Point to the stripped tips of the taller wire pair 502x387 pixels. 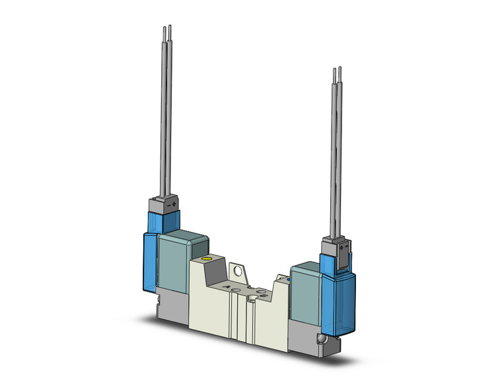[168, 31]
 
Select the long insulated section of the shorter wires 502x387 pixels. [338, 158]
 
